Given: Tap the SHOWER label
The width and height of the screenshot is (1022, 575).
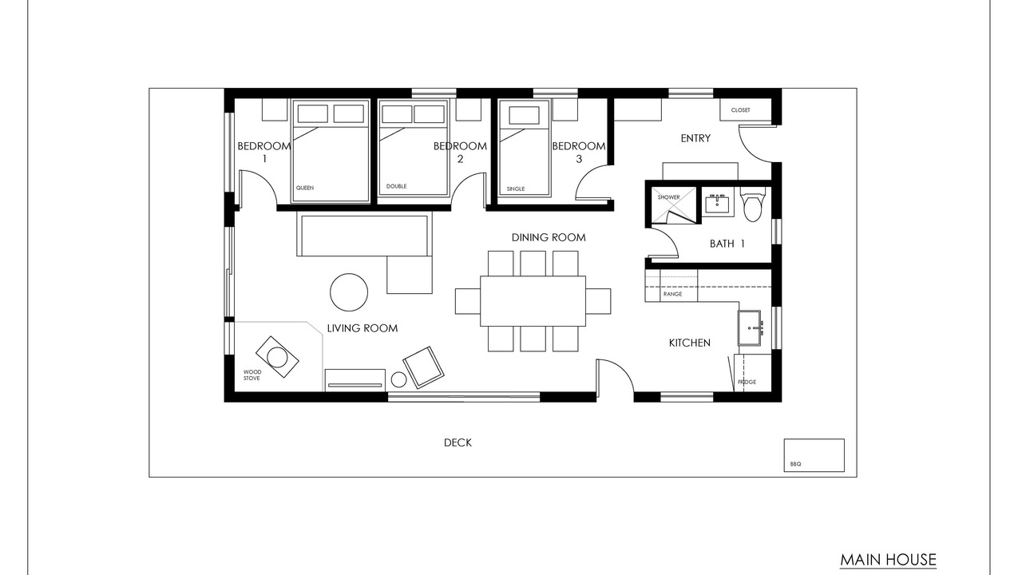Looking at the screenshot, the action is point(669,197).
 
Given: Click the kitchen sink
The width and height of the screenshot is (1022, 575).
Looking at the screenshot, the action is point(750,327).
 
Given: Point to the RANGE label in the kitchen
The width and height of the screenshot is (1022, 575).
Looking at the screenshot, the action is point(672,295).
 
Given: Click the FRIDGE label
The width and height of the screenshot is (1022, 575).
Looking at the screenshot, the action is point(747,382).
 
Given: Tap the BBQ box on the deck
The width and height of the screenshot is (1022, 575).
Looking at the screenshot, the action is point(814,455).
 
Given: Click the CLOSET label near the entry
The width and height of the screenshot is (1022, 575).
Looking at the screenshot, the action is point(740,110).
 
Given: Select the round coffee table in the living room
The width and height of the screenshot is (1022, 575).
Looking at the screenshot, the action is point(349,292).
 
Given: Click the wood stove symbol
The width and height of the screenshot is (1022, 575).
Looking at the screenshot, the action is point(277,357).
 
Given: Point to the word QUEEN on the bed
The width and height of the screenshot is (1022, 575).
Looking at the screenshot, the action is point(305,188).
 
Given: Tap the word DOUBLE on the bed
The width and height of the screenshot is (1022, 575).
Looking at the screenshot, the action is point(397,186).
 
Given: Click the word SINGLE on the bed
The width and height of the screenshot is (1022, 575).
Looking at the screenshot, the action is point(516,189).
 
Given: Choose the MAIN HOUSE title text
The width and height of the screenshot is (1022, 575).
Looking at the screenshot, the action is point(888,560).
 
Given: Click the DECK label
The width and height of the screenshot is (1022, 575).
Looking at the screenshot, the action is point(458,442).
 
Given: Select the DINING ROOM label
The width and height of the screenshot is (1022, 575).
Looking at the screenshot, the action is point(549,237).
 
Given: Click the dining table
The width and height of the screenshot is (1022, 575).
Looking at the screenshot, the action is point(533,301).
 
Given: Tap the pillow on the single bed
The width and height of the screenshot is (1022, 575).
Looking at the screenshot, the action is point(525,115).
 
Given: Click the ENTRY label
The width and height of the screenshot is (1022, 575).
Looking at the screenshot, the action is point(695,138).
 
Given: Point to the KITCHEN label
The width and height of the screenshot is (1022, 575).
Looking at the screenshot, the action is point(689,343).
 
